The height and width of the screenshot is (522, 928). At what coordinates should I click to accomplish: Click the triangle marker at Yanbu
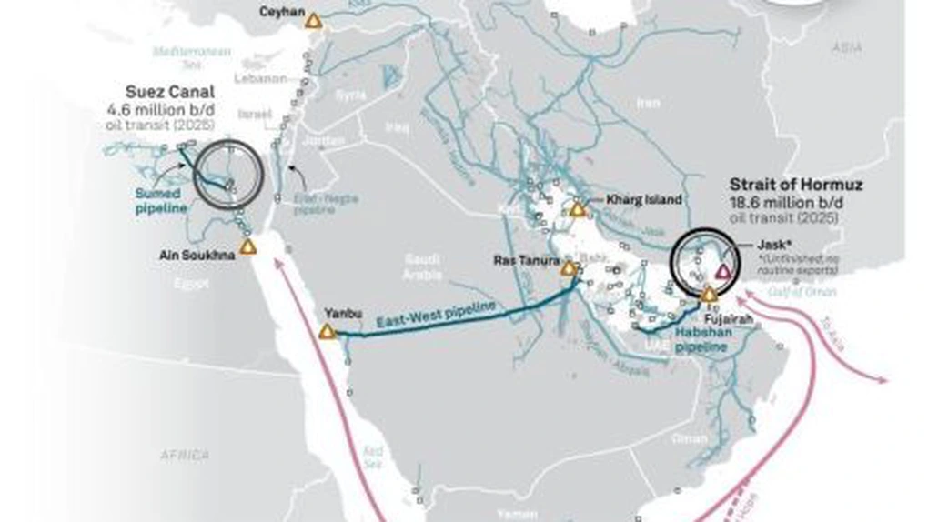(x=327, y=333)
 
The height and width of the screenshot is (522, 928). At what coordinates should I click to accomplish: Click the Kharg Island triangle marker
(x=577, y=210)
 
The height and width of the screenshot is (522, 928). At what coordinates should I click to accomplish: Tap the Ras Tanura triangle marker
(x=569, y=269)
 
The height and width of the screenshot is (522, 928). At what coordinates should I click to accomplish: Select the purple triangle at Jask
(x=723, y=271)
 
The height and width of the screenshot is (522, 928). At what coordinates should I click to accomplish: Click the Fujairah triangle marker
(x=709, y=295)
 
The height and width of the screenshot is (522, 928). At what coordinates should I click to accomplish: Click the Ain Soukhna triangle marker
(x=247, y=247)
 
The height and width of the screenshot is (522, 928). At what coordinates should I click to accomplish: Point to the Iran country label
(x=648, y=104)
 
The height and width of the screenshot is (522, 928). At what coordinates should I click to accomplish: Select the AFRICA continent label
(x=186, y=454)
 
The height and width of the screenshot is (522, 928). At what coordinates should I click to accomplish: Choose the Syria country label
(x=350, y=94)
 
